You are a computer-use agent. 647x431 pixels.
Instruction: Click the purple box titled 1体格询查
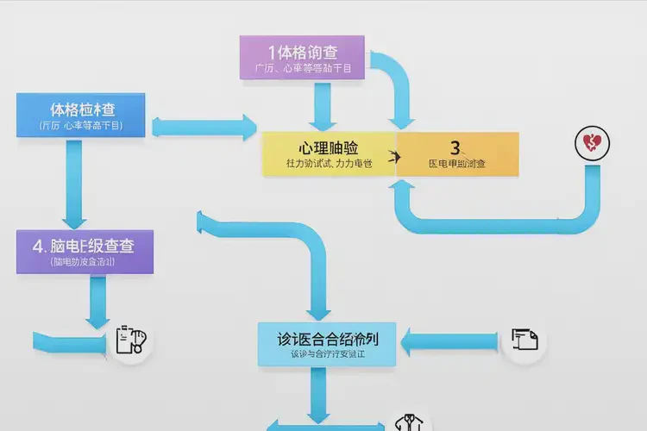(x=303, y=58)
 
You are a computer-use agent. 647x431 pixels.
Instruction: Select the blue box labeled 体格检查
(x=84, y=116)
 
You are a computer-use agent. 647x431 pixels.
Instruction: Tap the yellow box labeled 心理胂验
(x=328, y=153)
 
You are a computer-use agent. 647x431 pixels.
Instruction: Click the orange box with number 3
(x=457, y=153)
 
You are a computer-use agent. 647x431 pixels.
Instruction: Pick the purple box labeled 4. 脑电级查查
(x=85, y=252)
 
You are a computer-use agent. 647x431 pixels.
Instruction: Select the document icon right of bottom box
(x=524, y=340)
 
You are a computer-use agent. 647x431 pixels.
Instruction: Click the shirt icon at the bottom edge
(x=408, y=422)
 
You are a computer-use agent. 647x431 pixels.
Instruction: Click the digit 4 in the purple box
(x=38, y=246)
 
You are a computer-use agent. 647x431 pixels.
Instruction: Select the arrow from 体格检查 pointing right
(x=204, y=127)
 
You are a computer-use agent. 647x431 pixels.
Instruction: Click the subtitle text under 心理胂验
(x=329, y=164)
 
